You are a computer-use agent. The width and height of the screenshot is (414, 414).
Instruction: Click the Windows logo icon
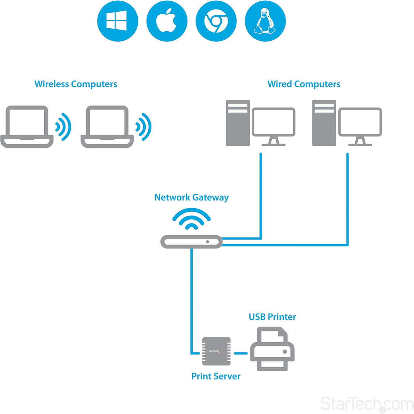tap(117, 21)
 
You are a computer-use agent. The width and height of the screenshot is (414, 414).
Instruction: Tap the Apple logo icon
tap(167, 21)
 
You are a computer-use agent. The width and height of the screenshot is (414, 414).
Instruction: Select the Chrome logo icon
tap(216, 21)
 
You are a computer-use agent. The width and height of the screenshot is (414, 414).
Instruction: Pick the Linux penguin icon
tap(265, 21)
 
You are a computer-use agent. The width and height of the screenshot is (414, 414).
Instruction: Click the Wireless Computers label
tap(76, 84)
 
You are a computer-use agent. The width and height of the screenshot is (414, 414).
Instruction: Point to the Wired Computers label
tap(304, 84)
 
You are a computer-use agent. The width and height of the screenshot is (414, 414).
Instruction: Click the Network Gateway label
tap(191, 198)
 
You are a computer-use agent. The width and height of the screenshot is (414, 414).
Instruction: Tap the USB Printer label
tap(272, 317)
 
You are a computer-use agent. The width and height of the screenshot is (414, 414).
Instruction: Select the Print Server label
tap(216, 376)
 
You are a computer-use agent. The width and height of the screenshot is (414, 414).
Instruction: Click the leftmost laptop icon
tap(27, 127)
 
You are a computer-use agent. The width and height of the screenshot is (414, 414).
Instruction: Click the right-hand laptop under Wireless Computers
tap(107, 127)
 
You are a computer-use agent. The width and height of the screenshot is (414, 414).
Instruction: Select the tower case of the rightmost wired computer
tap(324, 123)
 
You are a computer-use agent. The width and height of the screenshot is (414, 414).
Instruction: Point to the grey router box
tap(191, 242)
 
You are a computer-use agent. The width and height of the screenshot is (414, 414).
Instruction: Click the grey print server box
tap(216, 351)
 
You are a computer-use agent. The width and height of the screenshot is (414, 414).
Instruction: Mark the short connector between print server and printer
tap(241, 353)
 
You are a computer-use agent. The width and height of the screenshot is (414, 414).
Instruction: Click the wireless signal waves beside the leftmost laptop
tap(63, 127)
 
